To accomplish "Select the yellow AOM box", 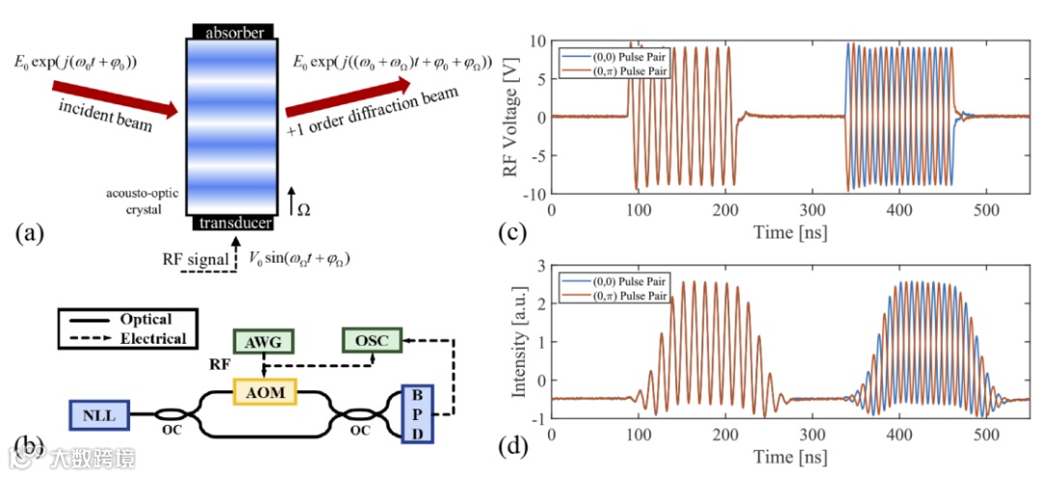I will (x=264, y=392).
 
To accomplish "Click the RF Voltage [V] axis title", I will (x=510, y=117).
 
